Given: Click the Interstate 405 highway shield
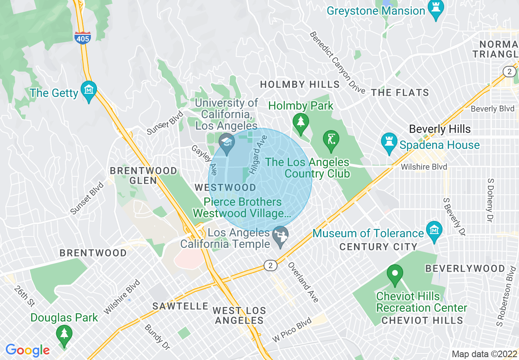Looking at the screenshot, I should (82, 37).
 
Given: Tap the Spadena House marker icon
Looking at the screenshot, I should (388, 143).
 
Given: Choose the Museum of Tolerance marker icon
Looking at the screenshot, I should (434, 231).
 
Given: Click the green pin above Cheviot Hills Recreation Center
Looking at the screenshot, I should (395, 274).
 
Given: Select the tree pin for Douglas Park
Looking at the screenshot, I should (64, 333).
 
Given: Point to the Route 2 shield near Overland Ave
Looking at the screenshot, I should (270, 265).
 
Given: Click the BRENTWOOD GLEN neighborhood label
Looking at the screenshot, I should (143, 175).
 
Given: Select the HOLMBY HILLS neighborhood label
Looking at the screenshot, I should (300, 85).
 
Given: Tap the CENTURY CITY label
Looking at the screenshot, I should (378, 247).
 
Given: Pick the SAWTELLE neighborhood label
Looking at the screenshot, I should (181, 306).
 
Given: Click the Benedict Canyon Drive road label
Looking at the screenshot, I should (337, 62).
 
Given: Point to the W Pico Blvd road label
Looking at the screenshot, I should (292, 330).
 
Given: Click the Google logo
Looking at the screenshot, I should (27, 350).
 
